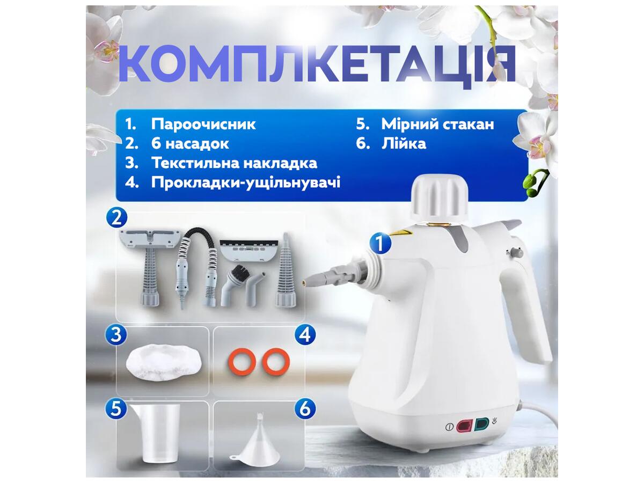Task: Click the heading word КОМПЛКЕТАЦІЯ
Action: [x=317, y=64]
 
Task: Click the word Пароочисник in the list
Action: [x=203, y=125]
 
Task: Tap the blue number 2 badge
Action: [x=116, y=218]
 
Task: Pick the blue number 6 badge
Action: [x=305, y=408]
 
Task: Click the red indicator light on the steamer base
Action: [x=464, y=427]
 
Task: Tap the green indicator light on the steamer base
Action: [x=481, y=425]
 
